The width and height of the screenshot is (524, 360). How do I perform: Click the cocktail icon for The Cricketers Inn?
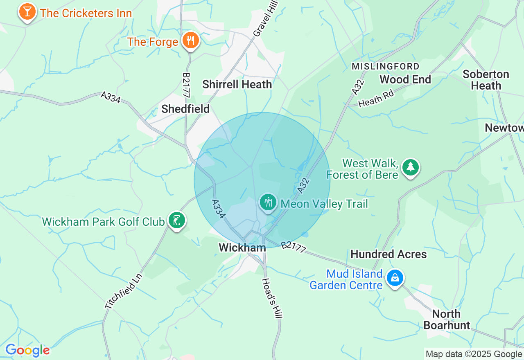pos(27,12)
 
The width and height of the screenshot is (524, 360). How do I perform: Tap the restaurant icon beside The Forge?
pos(190,40)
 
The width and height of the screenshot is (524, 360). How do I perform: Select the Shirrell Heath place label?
pos(237,85)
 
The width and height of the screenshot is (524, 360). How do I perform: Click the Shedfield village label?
pos(185,109)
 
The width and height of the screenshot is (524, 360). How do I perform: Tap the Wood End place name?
pos(405,79)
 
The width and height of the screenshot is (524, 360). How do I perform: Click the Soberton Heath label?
pos(486,80)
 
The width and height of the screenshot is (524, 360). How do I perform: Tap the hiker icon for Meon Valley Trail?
pos(268,202)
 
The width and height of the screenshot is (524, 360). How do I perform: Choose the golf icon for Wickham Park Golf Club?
pos(177,220)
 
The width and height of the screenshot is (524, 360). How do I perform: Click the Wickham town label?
pos(242,248)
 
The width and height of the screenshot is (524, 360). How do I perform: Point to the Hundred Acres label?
pos(388,254)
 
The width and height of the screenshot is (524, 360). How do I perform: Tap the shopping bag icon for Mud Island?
pos(395,278)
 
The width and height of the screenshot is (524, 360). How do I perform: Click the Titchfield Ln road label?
pos(123,291)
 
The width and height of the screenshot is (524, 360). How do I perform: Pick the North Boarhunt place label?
pos(447,319)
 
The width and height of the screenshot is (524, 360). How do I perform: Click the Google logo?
pos(27,350)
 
